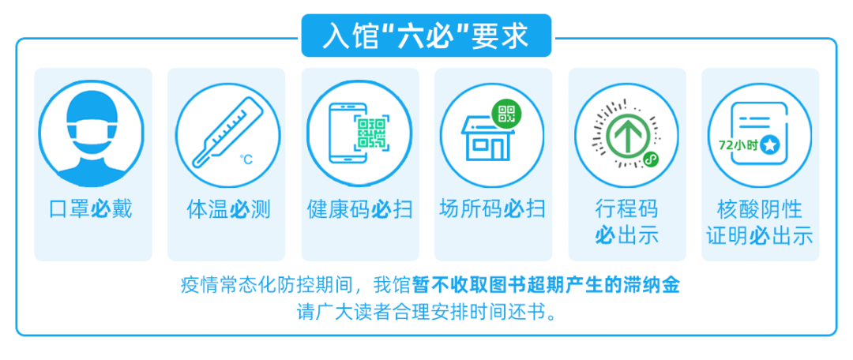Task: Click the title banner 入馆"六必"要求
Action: [x=426, y=36]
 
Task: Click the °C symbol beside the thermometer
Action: [x=246, y=159]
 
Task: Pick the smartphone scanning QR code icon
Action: [x=356, y=132]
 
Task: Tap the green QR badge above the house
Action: [x=506, y=114]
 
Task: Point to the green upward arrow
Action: [x=625, y=136]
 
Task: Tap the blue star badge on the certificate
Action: [x=769, y=145]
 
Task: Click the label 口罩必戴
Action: [x=91, y=209]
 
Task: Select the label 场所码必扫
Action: [x=492, y=209]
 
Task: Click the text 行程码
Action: [x=626, y=209]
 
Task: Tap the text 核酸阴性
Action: [x=760, y=209]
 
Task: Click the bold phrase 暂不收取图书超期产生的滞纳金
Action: [x=546, y=285]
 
